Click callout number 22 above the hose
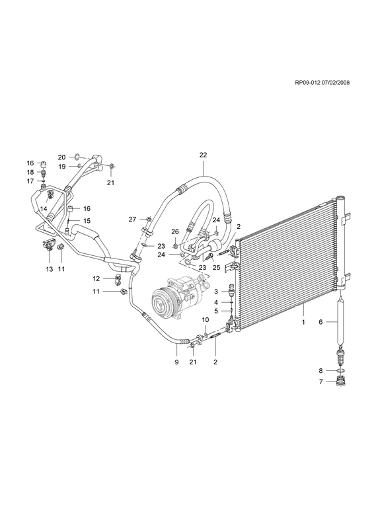(203, 155)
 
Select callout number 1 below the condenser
(303, 322)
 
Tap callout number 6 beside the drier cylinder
(320, 322)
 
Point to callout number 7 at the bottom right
(320, 382)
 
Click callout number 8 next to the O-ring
(320, 371)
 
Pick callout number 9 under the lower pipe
(176, 362)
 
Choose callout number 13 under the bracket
(50, 269)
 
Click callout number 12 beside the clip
(96, 278)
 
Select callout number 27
(133, 220)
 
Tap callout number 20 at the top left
(61, 157)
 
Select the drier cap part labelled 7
(341, 383)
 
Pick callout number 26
(174, 231)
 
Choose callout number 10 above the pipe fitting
(206, 319)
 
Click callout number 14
(43, 209)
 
